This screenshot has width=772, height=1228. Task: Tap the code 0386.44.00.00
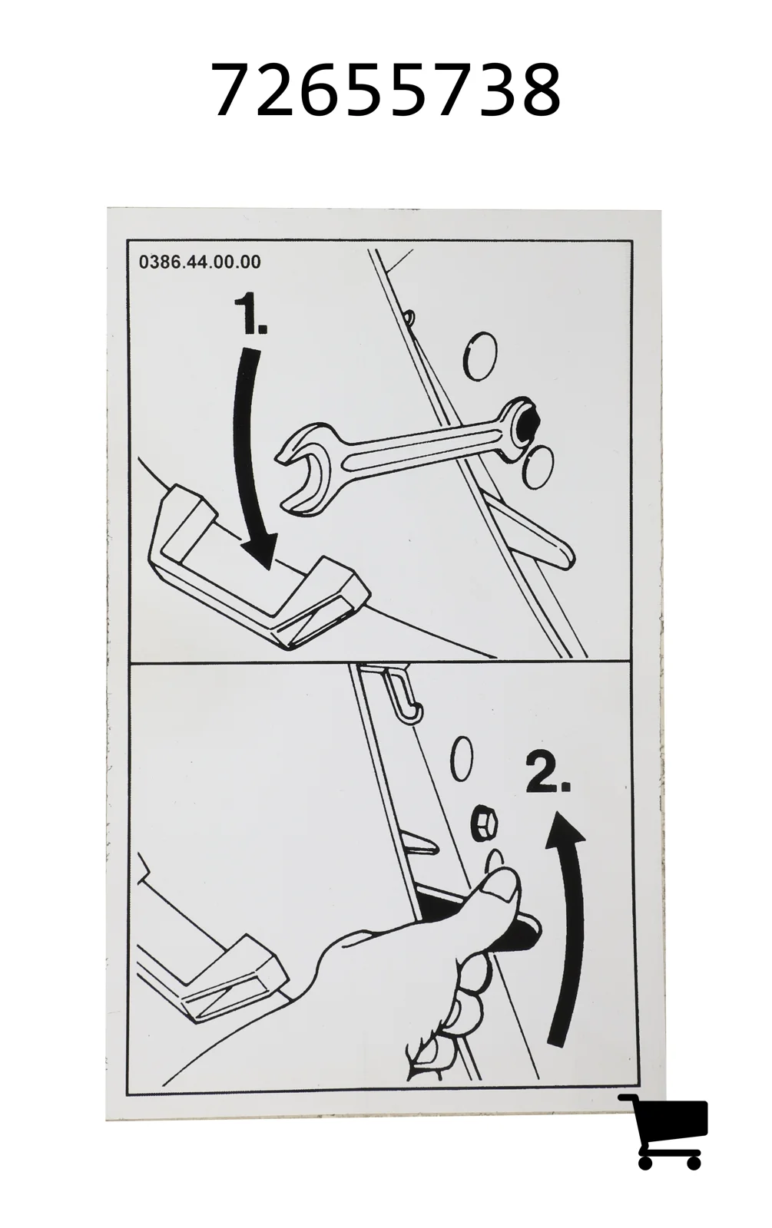200,262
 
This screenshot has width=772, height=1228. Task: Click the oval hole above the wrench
481,356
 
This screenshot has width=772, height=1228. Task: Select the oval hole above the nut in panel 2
462,758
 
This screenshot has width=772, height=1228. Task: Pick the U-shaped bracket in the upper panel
258,570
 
